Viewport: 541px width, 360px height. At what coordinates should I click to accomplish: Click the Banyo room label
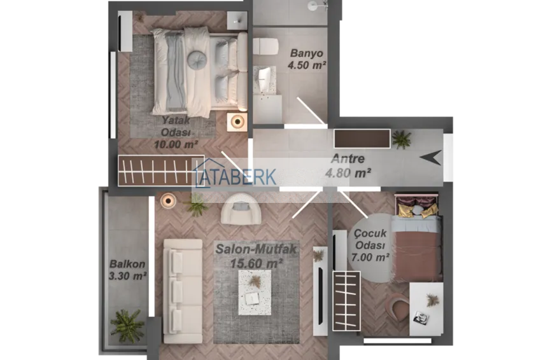(306, 53)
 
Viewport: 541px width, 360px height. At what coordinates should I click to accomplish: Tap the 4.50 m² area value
(307, 65)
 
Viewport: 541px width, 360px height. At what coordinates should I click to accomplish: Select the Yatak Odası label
(176, 126)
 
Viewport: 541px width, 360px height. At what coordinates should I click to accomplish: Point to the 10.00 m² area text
(176, 144)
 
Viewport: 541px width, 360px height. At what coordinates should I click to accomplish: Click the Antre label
(348, 158)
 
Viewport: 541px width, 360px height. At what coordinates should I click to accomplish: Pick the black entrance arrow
(431, 158)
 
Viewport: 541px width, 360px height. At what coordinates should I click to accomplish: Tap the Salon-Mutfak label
(256, 249)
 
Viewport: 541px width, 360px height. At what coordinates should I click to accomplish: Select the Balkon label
(127, 264)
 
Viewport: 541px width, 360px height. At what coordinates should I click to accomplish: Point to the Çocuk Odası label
(370, 239)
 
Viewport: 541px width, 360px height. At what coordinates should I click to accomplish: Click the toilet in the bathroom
(265, 46)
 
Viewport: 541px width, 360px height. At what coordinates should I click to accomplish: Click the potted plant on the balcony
(127, 326)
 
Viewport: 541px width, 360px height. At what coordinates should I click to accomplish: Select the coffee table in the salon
(255, 293)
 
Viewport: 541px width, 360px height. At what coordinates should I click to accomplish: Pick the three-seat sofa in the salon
(183, 291)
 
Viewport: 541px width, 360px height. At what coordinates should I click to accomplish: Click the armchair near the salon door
(241, 209)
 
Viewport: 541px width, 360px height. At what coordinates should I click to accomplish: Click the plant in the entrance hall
(402, 139)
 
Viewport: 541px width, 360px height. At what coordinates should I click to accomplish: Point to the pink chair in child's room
(398, 307)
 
